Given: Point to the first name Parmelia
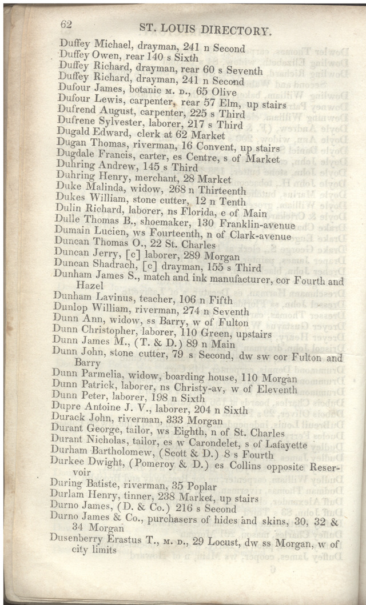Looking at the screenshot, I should point(98,374).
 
